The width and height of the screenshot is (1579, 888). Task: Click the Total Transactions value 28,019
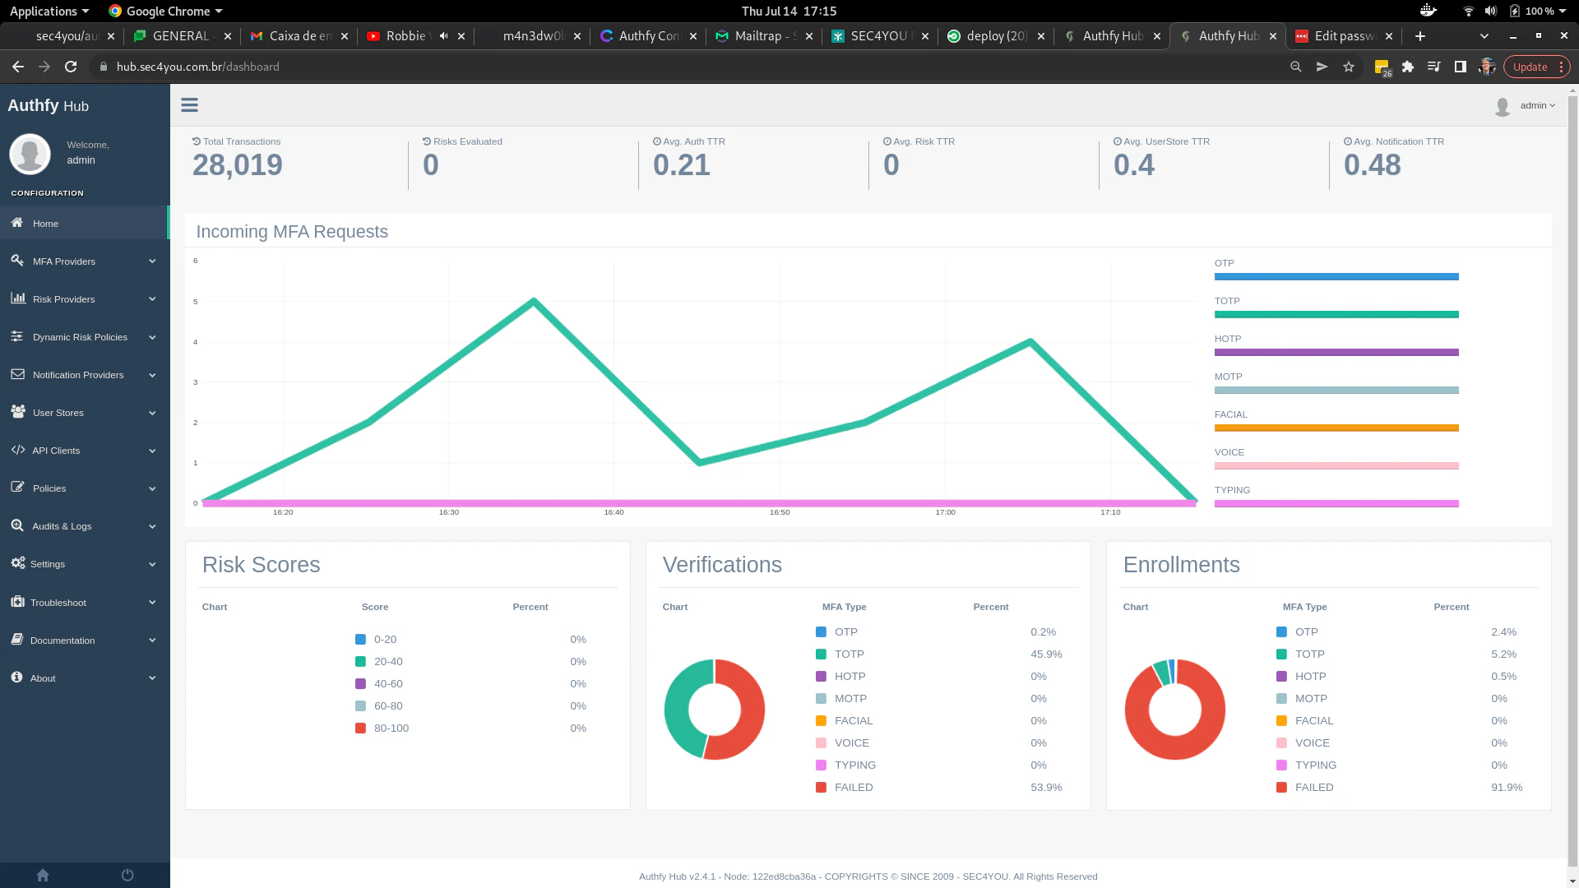click(x=238, y=165)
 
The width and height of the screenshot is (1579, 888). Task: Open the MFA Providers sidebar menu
click(x=64, y=261)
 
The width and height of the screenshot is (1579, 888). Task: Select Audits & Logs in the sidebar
click(x=62, y=526)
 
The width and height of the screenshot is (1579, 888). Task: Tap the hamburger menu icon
click(x=190, y=105)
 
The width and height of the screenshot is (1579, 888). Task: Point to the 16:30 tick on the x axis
click(x=449, y=512)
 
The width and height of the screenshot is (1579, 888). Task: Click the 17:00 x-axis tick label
click(x=945, y=512)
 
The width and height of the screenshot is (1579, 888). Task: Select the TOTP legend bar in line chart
click(x=1336, y=314)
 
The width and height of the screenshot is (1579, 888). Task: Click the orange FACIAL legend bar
click(x=1336, y=428)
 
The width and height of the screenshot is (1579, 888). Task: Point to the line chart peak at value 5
click(x=534, y=301)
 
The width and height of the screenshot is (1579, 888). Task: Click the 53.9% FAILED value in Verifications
click(x=1046, y=788)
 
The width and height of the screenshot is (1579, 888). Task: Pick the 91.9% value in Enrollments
click(x=1507, y=788)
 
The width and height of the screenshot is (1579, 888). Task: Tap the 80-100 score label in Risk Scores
click(x=391, y=728)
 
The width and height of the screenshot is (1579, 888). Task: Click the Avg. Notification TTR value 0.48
click(x=1373, y=165)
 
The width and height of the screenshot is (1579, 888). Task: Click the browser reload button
click(x=71, y=67)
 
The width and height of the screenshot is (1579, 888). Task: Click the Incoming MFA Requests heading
click(x=292, y=232)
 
